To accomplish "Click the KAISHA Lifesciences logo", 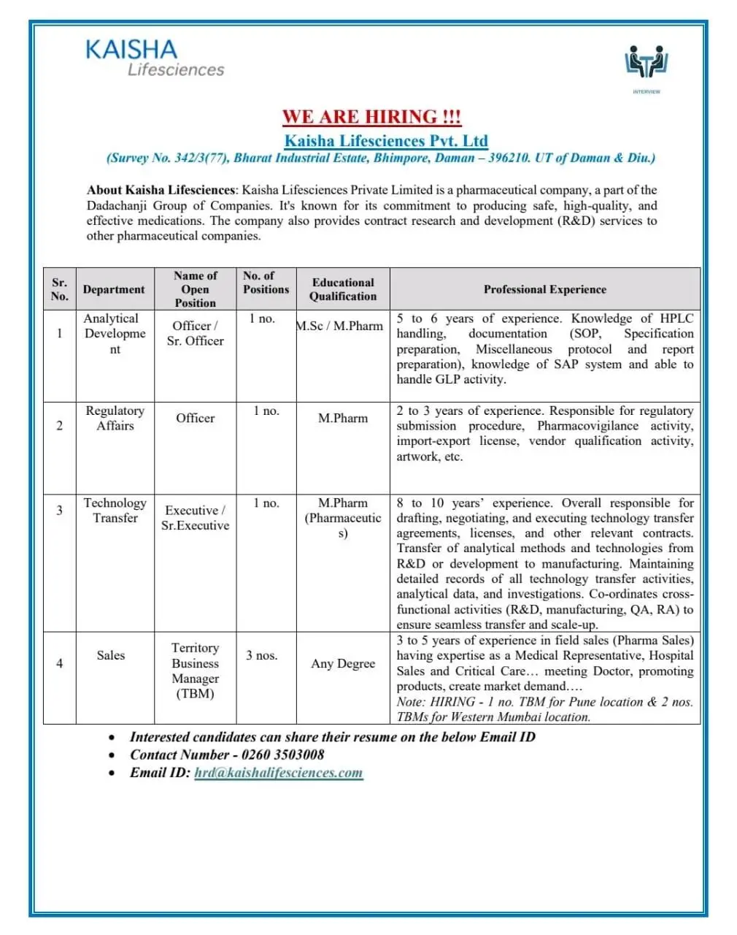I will [155, 58].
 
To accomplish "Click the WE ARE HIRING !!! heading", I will [371, 117].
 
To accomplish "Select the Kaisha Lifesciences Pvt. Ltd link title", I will [386, 140].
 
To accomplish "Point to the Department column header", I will [114, 289].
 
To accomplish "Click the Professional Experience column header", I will [544, 289].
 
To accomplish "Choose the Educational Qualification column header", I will [343, 289].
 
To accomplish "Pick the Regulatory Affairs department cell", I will [115, 418].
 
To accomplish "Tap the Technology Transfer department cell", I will [115, 510].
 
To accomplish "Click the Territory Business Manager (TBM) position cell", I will [195, 671].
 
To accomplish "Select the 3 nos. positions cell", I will [261, 655].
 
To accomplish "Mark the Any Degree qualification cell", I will [343, 663].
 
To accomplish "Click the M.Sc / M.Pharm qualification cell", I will [339, 326].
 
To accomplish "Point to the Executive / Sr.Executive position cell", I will [195, 517].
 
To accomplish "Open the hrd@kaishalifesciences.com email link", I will [278, 773].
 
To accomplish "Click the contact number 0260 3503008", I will [282, 755].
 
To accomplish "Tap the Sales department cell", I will [111, 655].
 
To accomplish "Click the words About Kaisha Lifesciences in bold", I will [161, 190].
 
